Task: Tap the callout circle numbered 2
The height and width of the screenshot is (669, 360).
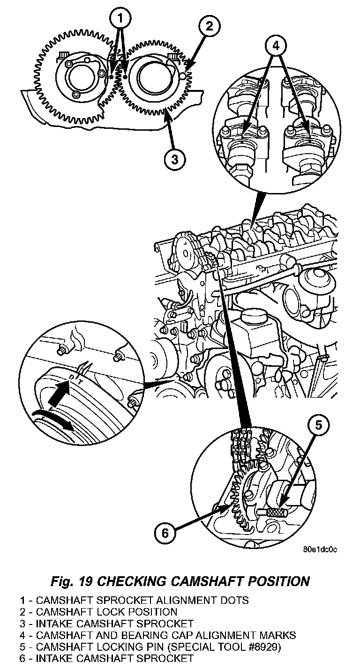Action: (209, 26)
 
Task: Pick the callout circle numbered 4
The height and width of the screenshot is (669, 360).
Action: (276, 46)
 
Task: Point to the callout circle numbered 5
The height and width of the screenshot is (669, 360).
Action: (318, 424)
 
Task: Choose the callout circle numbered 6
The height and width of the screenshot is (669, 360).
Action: (165, 533)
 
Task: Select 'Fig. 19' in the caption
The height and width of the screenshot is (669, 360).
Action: (73, 581)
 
